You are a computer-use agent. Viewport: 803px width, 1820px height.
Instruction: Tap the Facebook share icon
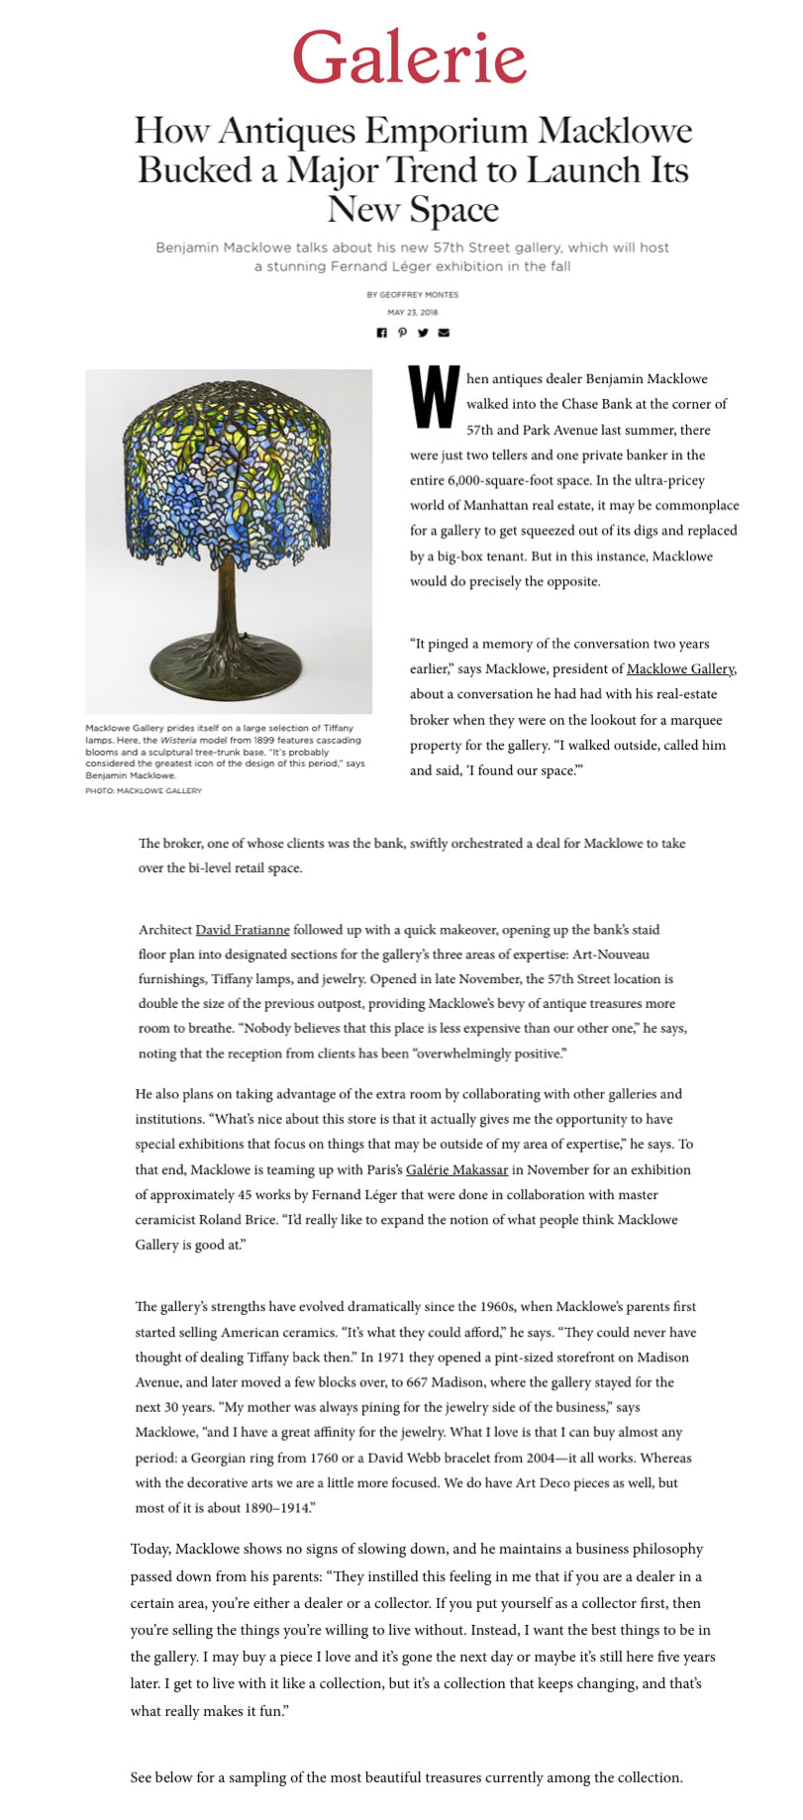coord(381,333)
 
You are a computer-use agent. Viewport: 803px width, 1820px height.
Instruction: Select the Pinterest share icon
coord(402,333)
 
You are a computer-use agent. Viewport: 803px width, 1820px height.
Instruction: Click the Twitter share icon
coord(423,333)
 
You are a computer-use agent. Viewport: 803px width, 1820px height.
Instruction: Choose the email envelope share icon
coord(444,333)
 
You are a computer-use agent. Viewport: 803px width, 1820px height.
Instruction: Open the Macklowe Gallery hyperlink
coord(680,669)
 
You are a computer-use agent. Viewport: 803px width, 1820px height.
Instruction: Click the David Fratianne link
coord(243,930)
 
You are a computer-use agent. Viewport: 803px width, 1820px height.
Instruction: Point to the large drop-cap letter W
coord(434,398)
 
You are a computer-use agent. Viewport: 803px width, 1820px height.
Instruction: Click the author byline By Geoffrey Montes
coord(412,294)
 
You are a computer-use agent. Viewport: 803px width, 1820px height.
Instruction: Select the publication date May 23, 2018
coord(412,312)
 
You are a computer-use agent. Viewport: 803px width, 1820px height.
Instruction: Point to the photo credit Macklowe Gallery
coord(144,790)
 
